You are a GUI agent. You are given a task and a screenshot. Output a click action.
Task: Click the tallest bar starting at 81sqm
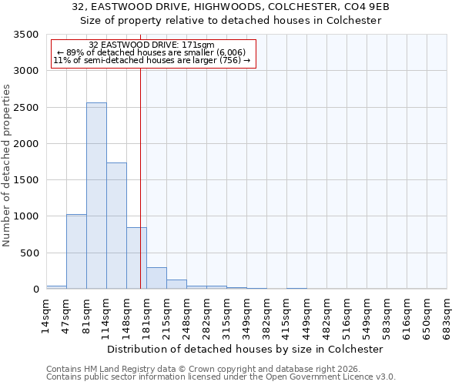pos(96,196)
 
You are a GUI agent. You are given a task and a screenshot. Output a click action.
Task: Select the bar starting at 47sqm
pos(76,251)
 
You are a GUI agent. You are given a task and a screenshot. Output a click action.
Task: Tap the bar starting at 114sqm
pos(116,226)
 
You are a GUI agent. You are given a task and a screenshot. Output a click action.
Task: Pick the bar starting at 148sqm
pos(136,258)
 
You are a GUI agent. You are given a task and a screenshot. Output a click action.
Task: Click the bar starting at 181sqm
pos(156,278)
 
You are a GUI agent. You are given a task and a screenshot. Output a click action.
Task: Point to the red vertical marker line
pos(140,177)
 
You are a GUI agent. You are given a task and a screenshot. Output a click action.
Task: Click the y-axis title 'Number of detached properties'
pos(7,166)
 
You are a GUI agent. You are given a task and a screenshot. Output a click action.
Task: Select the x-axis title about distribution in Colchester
pos(246,349)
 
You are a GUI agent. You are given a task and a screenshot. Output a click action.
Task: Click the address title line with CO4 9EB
pos(231,7)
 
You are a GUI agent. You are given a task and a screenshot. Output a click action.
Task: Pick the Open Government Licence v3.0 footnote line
pos(221,377)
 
